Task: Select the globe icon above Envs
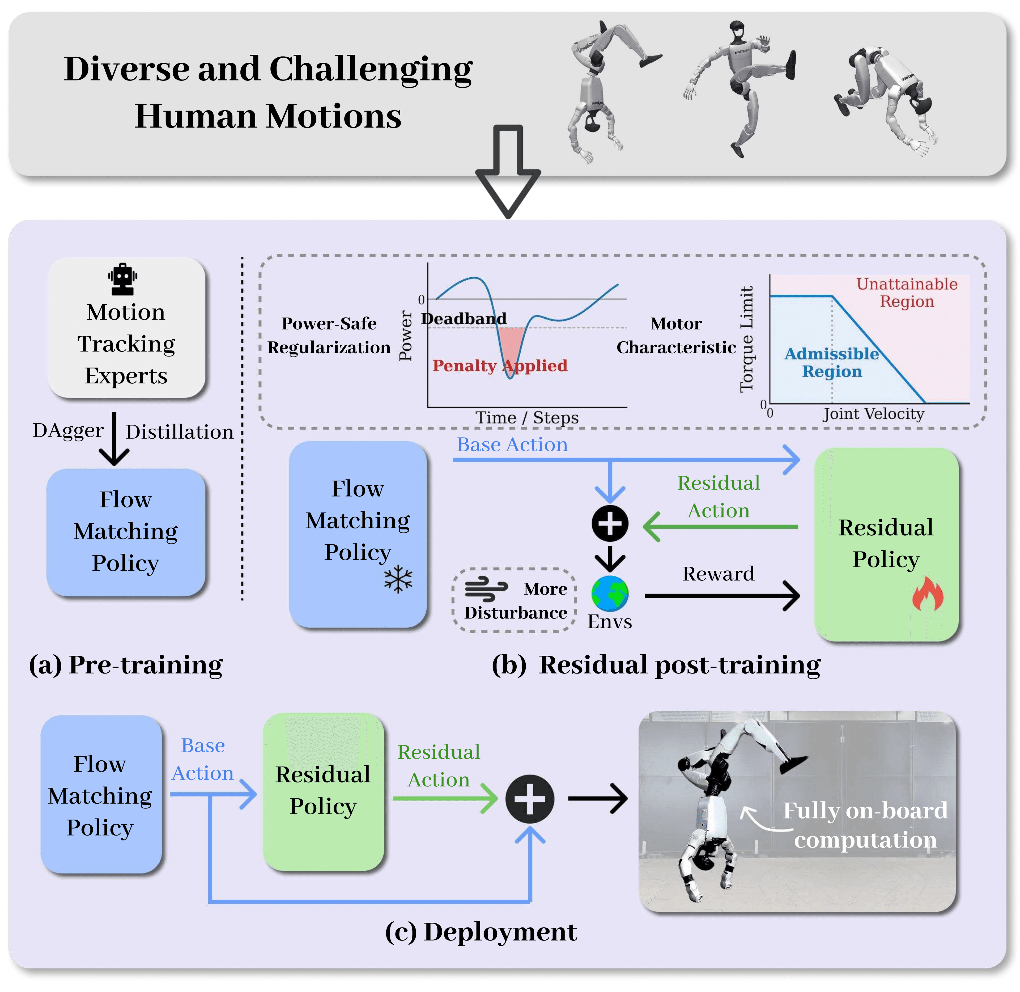(x=610, y=593)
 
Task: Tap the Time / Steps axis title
(x=527, y=417)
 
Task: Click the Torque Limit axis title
(x=746, y=339)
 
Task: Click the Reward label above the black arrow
(x=718, y=574)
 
